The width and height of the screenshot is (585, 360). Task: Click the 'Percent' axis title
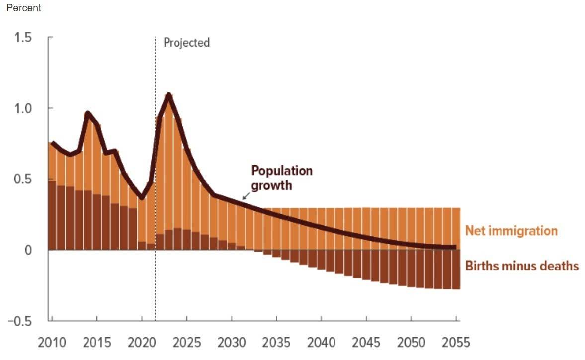pos(24,8)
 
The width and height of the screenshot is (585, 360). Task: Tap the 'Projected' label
pos(186,43)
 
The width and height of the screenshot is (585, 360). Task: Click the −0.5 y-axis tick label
pos(20,321)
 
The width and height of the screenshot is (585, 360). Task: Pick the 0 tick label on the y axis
pos(28,250)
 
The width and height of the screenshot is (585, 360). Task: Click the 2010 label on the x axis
pos(52,343)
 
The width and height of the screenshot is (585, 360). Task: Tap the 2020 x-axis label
pos(142,343)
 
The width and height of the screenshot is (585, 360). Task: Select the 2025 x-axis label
pos(186,343)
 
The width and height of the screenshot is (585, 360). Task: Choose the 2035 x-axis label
pos(276,343)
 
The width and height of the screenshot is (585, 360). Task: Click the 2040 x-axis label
pos(321,343)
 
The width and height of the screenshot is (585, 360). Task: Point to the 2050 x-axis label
pos(411,343)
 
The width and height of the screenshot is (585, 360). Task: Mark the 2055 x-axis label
pos(456,343)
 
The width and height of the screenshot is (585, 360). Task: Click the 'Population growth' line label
pos(282,178)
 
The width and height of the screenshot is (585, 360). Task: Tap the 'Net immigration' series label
pos(511,231)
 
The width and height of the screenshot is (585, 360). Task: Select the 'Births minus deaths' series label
pos(521,266)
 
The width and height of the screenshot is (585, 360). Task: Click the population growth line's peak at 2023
pos(169,94)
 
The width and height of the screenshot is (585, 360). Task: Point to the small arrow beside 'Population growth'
pos(245,197)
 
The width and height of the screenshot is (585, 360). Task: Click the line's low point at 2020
pos(142,198)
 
